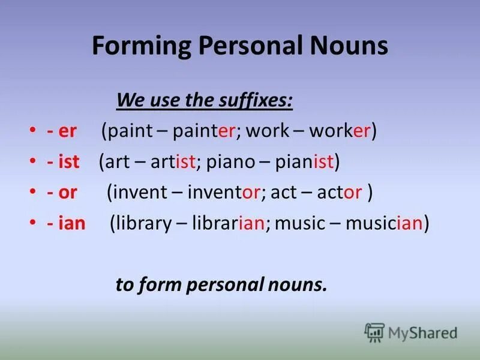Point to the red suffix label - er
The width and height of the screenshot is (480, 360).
(62, 131)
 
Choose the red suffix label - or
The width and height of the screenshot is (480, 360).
(63, 193)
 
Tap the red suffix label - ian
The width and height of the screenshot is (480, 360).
(67, 224)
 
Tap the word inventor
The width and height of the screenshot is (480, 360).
(224, 193)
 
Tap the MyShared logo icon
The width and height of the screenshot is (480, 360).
(374, 332)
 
